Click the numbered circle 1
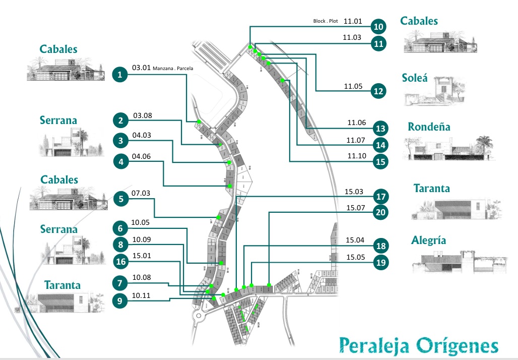point(119,75)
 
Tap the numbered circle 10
point(378,26)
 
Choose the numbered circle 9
point(119,302)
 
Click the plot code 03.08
point(142,116)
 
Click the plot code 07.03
point(141,193)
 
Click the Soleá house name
point(415,78)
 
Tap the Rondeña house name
point(429,127)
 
